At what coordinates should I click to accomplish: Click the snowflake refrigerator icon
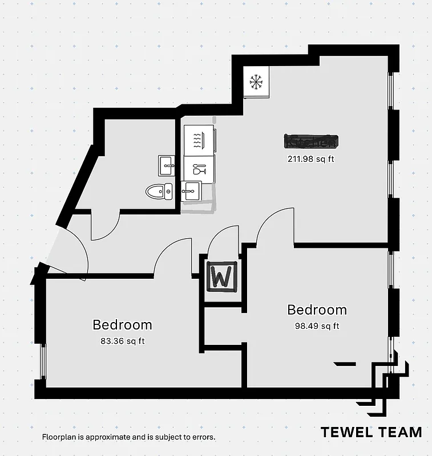click(x=256, y=82)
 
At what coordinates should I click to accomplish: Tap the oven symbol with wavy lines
click(x=197, y=140)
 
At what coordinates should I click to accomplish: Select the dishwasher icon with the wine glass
click(x=199, y=169)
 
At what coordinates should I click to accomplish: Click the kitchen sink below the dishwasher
click(x=191, y=190)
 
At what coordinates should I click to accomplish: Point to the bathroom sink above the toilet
click(x=167, y=165)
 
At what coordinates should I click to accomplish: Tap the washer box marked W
click(x=221, y=277)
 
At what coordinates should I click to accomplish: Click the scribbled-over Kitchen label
click(x=310, y=141)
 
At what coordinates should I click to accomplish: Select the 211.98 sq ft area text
click(x=310, y=159)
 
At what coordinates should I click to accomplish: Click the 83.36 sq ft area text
click(x=122, y=342)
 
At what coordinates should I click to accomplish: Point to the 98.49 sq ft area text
click(x=316, y=326)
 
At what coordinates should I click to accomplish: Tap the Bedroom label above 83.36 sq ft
click(x=122, y=325)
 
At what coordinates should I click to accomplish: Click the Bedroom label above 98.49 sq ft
click(x=317, y=310)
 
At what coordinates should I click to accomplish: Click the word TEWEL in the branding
click(x=346, y=432)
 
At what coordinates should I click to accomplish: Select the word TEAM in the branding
click(x=400, y=432)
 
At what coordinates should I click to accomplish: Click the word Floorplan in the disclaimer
click(x=60, y=437)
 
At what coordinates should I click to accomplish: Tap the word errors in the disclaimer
click(x=202, y=437)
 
